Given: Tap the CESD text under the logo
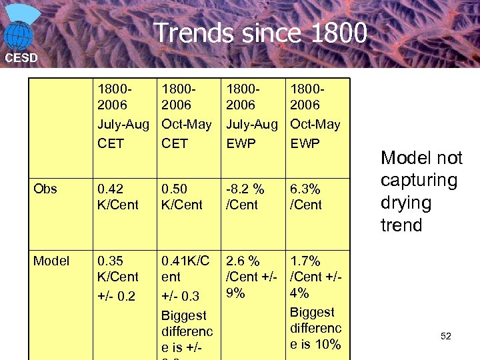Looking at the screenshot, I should pyautogui.click(x=21, y=58).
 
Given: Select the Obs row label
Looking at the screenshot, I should pyautogui.click(x=45, y=189).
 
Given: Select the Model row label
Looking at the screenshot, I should pyautogui.click(x=51, y=261).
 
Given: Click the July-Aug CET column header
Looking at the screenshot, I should pyautogui.click(x=123, y=115).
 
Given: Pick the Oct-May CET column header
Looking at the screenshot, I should pyautogui.click(x=187, y=115).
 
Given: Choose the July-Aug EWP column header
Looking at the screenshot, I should pyautogui.click(x=251, y=115).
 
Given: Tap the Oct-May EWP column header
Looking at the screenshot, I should pyautogui.click(x=315, y=115).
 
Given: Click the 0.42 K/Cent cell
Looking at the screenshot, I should pyautogui.click(x=118, y=197).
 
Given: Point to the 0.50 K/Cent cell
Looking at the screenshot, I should pyautogui.click(x=183, y=197).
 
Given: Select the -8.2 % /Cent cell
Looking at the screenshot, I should pyautogui.click(x=245, y=197).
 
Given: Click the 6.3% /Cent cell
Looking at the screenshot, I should pyautogui.click(x=306, y=197).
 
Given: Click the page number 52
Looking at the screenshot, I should pyautogui.click(x=446, y=337).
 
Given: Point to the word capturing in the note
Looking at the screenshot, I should pyautogui.click(x=419, y=181).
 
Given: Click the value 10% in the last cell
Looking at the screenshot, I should pyautogui.click(x=328, y=344).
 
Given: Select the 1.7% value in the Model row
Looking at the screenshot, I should pyautogui.click(x=305, y=261).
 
